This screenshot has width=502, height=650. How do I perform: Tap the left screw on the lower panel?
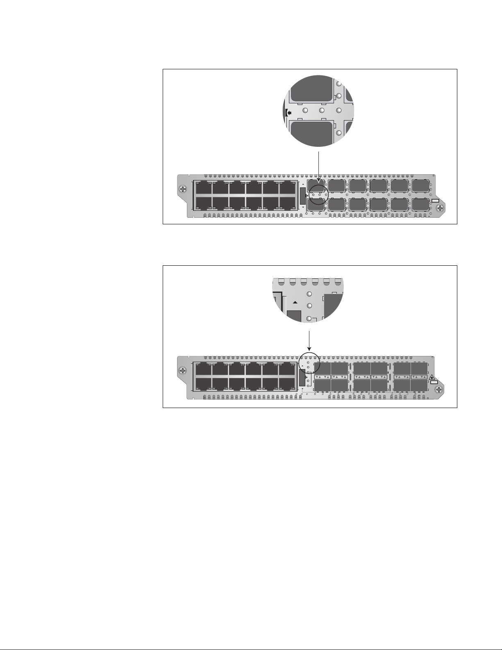coord(183,371)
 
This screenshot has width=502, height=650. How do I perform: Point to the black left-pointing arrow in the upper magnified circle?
coord(289,111)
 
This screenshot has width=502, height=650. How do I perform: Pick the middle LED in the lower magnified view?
coord(310,306)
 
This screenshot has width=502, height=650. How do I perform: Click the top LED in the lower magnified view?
coord(310,294)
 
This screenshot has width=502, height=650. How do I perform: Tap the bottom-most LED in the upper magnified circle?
coord(338,133)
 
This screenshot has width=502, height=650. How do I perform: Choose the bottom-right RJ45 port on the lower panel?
coord(287,384)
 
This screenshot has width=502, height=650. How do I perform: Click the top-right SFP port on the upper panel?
coord(420,185)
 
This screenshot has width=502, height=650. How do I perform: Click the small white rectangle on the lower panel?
coord(434,382)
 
